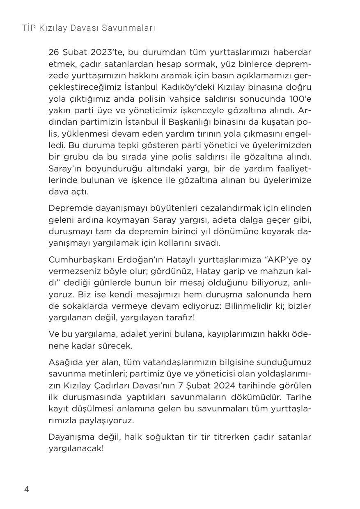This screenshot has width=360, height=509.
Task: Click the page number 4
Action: (x=27, y=489)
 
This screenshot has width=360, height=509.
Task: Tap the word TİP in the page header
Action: (x=28, y=28)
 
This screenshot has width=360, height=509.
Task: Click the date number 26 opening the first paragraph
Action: (x=54, y=52)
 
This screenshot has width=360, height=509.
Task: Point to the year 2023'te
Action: (x=106, y=52)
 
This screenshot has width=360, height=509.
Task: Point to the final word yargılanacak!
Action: (x=76, y=449)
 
